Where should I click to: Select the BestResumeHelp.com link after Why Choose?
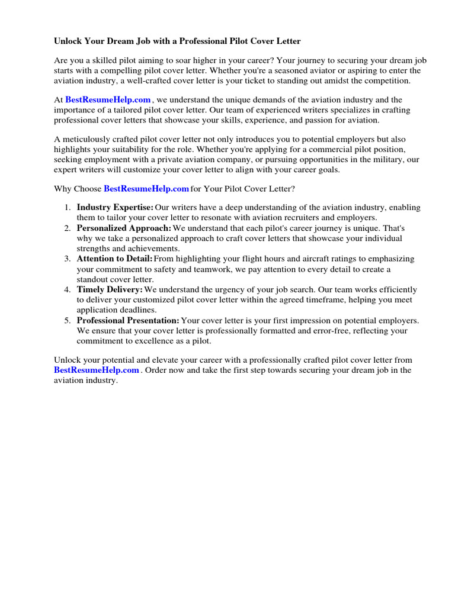pyautogui.click(x=146, y=189)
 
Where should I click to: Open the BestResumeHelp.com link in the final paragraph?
pyautogui.click(x=97, y=370)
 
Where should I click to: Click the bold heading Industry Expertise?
pyautogui.click(x=115, y=207)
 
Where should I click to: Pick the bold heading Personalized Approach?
pyautogui.click(x=124, y=228)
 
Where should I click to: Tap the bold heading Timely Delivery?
pyautogui.click(x=110, y=289)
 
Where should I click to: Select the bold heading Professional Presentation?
pyautogui.click(x=127, y=320)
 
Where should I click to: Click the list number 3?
pyautogui.click(x=67, y=259)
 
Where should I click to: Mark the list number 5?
pyautogui.click(x=67, y=320)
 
